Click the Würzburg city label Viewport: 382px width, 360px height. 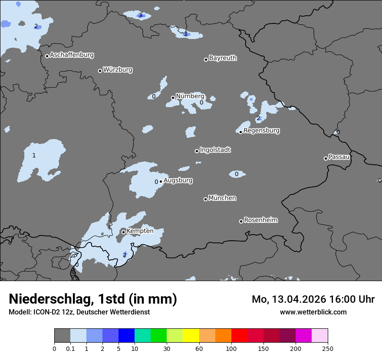point(118,69)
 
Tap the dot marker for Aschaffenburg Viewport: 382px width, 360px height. point(47,56)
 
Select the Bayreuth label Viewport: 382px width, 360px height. point(223,58)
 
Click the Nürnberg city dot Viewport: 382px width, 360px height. point(173,98)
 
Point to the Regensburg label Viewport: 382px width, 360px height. point(261,130)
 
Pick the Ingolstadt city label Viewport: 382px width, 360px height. point(215,150)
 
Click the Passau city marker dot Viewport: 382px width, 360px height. point(326,158)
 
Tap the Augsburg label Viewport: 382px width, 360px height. point(178,180)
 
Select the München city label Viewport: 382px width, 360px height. point(222,198)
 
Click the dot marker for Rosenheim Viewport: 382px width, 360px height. point(241,221)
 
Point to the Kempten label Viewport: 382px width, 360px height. point(140,231)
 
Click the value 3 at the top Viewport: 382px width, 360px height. point(140,16)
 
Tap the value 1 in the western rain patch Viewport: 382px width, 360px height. point(34,155)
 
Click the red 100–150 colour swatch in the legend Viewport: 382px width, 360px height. point(239,336)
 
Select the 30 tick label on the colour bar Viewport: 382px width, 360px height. point(167,348)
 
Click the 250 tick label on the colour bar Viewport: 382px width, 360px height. point(328,348)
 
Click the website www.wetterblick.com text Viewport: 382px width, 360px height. point(313,312)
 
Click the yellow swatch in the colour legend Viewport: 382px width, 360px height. point(191,336)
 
